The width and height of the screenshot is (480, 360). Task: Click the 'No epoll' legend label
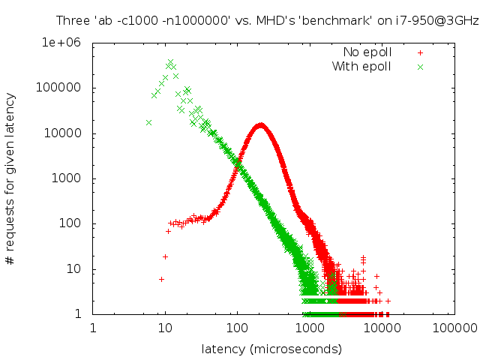[367, 52]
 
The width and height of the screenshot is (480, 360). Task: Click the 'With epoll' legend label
[362, 67]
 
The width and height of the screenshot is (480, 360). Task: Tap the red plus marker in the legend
[421, 52]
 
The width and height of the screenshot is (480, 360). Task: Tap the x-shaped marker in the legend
[421, 67]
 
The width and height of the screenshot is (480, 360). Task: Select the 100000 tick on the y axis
[65, 88]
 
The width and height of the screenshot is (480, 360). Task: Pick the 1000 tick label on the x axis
[310, 328]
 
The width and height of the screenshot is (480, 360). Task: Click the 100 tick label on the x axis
[237, 328]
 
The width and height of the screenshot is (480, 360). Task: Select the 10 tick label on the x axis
[165, 328]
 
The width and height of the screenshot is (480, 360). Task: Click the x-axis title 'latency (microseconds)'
[271, 349]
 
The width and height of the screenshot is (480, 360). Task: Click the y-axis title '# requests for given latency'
[10, 178]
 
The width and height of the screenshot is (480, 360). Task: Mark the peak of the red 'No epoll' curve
[260, 125]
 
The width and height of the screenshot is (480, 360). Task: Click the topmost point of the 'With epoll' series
[170, 62]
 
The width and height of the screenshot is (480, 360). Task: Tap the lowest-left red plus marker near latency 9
[161, 279]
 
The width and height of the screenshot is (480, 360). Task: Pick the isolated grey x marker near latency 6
[148, 122]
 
